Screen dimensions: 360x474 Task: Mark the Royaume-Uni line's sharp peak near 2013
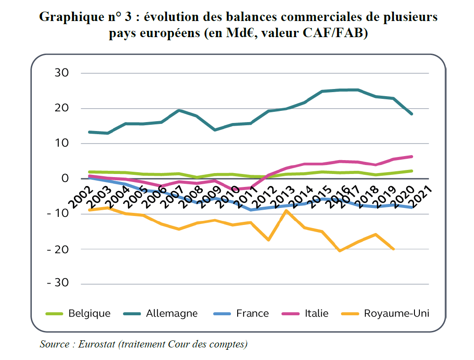pyautogui.click(x=286, y=211)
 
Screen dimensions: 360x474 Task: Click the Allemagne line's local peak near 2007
pyautogui.click(x=179, y=110)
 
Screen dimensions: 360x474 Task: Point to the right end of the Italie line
pyautogui.click(x=411, y=157)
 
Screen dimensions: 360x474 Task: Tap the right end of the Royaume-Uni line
pyautogui.click(x=393, y=249)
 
